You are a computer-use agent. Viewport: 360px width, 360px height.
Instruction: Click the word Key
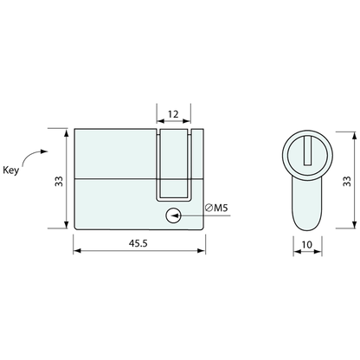pos(11,171)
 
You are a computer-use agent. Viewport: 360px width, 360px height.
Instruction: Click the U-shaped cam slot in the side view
pos(172,164)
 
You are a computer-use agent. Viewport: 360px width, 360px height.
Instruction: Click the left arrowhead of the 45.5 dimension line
pos(79,253)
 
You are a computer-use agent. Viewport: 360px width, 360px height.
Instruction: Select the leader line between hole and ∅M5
pos(190,216)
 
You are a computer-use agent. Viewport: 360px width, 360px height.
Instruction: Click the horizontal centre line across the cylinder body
pos(112,178)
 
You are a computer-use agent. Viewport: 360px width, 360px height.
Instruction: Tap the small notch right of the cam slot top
pos(196,131)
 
